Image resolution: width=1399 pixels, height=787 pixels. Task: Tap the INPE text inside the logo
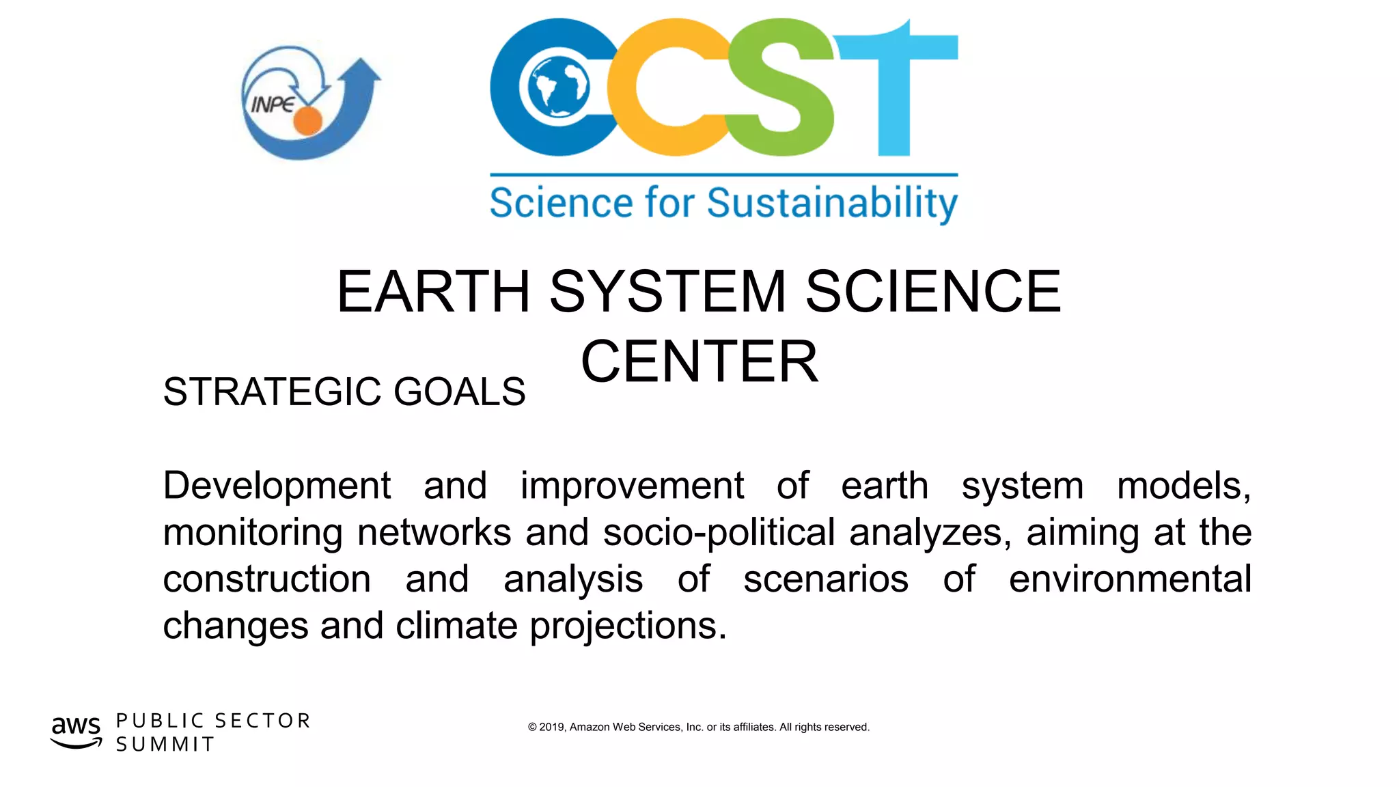(x=273, y=105)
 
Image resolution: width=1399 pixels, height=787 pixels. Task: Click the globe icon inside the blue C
(x=555, y=87)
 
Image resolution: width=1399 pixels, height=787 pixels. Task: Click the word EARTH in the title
(x=433, y=292)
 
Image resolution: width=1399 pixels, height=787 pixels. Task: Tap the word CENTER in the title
(x=699, y=361)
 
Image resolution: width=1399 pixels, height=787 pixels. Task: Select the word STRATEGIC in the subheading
(x=272, y=392)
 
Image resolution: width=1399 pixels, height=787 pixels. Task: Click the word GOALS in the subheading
(x=460, y=392)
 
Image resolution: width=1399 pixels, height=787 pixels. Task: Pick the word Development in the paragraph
(x=277, y=486)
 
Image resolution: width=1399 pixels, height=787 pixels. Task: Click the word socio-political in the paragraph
(x=719, y=533)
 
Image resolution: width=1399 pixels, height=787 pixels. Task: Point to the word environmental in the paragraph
(x=1130, y=579)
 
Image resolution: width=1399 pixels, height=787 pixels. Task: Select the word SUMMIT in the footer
(x=165, y=744)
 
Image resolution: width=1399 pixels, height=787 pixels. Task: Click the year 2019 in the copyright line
(x=552, y=727)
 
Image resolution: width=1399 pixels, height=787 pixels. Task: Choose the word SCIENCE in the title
(x=933, y=292)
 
